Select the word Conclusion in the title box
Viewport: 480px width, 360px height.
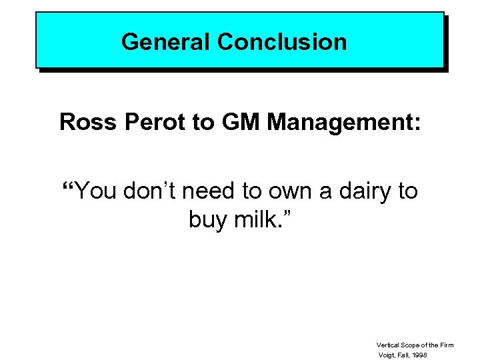(282, 42)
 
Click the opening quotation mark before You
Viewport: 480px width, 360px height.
(67, 186)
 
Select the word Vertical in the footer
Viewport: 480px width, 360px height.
(388, 345)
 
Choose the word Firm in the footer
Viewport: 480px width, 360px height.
(447, 345)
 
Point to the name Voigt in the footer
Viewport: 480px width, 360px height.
(387, 355)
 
